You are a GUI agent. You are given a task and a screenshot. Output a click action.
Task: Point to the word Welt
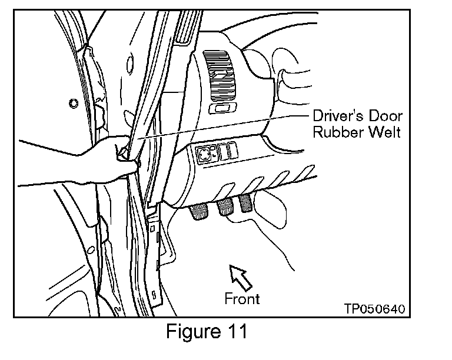pos(383,133)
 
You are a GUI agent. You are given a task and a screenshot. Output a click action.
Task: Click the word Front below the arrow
pos(242,298)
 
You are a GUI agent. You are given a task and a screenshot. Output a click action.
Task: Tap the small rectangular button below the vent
pos(223,109)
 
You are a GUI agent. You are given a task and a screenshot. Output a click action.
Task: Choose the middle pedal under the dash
pos(225,208)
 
